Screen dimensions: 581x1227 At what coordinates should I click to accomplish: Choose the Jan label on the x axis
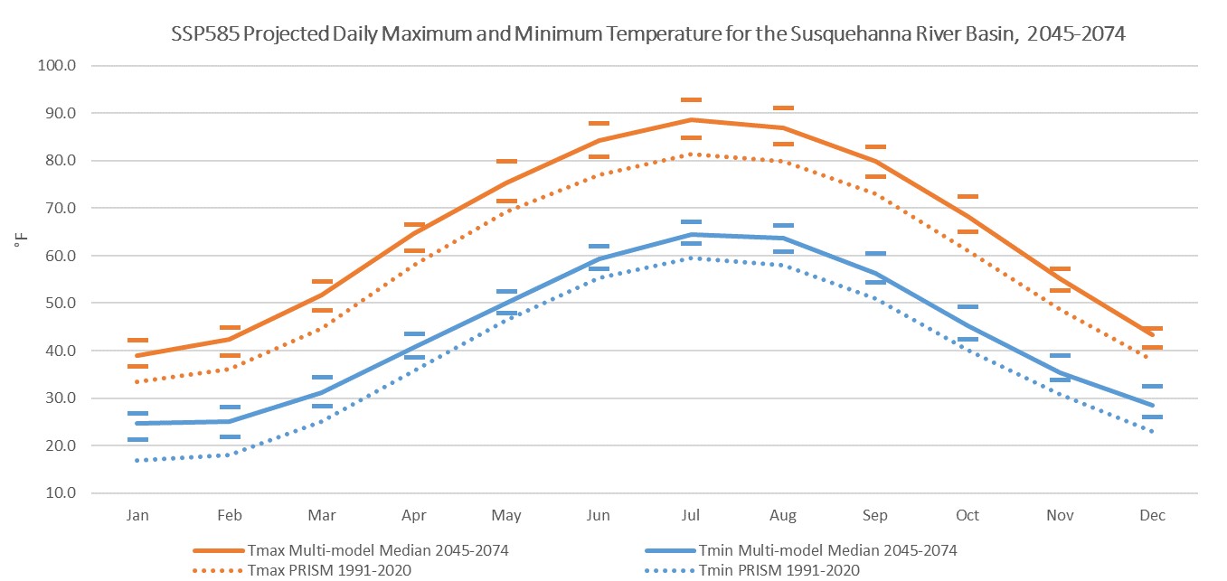137,515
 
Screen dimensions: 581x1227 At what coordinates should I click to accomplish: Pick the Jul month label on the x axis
691,515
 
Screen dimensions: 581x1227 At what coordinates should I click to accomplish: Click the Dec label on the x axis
1152,515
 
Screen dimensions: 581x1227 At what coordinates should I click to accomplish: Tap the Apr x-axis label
414,515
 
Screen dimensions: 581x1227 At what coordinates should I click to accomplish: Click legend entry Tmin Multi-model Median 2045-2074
827,550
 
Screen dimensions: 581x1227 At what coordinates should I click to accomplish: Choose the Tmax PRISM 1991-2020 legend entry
328,570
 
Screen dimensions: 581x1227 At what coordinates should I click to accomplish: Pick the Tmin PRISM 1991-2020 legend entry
779,570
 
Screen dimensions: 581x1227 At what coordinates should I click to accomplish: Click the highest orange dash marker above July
691,100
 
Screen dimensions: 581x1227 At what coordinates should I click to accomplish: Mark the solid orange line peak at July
691,119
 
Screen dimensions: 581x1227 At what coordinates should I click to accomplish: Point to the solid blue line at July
691,235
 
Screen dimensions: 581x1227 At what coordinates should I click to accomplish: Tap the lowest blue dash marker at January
137,439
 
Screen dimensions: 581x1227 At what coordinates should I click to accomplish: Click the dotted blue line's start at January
137,461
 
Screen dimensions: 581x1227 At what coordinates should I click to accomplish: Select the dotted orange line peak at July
691,154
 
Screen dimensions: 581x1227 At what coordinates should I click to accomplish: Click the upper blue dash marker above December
1152,386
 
